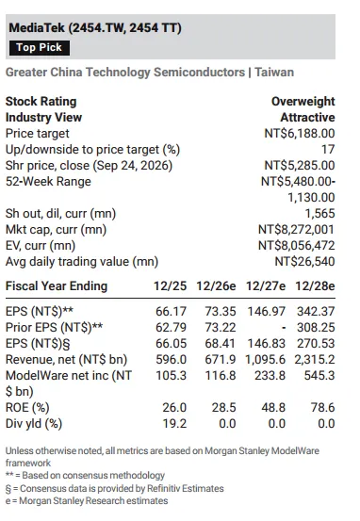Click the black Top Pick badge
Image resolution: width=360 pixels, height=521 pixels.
40,47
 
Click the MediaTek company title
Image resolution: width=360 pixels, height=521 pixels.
95,27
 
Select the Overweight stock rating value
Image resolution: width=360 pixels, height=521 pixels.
303,102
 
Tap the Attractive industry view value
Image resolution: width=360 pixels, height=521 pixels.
307,117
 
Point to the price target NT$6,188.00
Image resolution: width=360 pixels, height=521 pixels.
299,133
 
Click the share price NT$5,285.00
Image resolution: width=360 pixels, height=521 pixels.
299,166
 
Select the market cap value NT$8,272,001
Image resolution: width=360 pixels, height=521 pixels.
296,230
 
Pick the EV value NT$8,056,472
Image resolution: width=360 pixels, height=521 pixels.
296,246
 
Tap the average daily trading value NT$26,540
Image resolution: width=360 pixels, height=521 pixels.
304,262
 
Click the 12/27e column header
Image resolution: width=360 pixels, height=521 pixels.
265,286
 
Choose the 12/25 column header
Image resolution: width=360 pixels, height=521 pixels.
170,286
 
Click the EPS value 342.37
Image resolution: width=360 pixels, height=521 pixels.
316,311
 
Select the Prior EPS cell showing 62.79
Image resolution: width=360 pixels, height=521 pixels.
171,327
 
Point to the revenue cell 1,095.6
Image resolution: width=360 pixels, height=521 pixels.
265,360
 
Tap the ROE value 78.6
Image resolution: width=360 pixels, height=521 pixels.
322,407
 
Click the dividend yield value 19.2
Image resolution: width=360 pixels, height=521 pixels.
174,424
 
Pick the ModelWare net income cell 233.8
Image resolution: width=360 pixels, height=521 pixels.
270,376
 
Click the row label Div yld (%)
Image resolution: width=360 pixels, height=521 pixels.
34,424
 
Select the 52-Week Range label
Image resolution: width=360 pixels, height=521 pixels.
48,182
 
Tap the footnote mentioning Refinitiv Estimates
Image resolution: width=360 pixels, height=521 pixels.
114,488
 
